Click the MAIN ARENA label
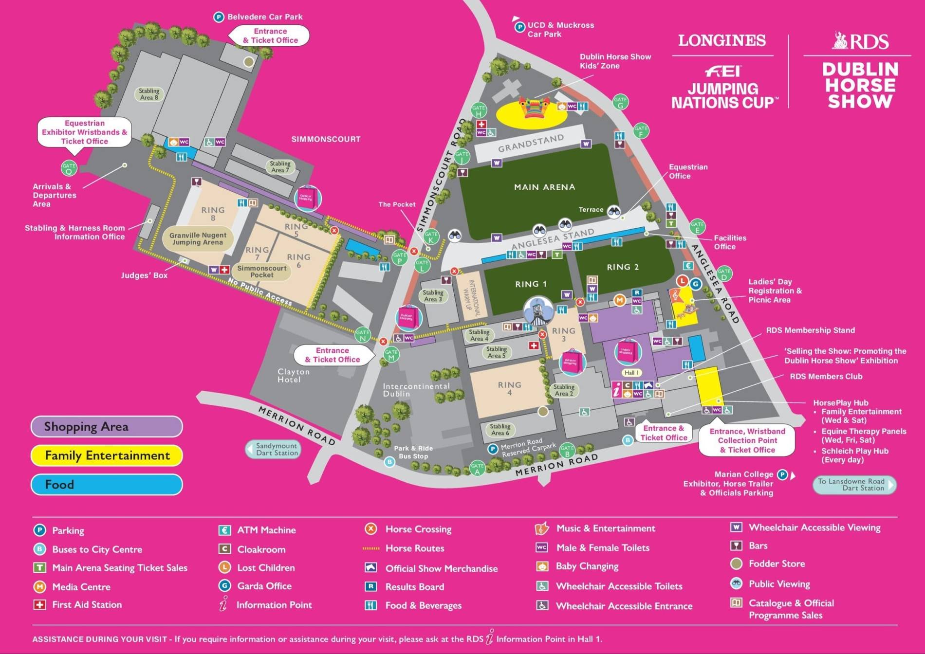point(544,187)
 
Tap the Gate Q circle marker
point(69,168)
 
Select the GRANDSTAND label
point(531,143)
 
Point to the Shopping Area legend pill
point(107,427)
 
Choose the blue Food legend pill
point(107,485)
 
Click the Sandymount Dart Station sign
point(274,449)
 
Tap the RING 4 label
point(509,388)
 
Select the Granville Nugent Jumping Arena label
point(198,238)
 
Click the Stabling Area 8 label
point(149,94)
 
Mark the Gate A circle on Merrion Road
point(477,469)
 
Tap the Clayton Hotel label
point(293,375)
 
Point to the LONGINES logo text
point(721,40)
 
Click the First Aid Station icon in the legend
point(39,605)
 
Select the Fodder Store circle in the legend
point(736,563)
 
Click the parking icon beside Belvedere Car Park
point(219,17)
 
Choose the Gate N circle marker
point(362,335)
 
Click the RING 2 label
point(622,267)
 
